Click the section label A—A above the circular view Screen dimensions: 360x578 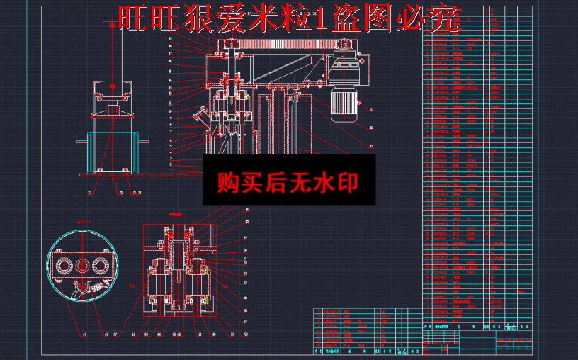(83, 222)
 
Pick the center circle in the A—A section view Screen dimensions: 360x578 (82, 266)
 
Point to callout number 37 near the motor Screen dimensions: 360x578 (371, 110)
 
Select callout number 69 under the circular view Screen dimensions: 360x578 (84, 333)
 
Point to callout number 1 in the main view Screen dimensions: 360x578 (171, 169)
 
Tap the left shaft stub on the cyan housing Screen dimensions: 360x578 (81, 142)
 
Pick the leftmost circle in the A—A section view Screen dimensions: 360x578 (64, 266)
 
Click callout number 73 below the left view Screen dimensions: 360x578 (90, 192)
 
